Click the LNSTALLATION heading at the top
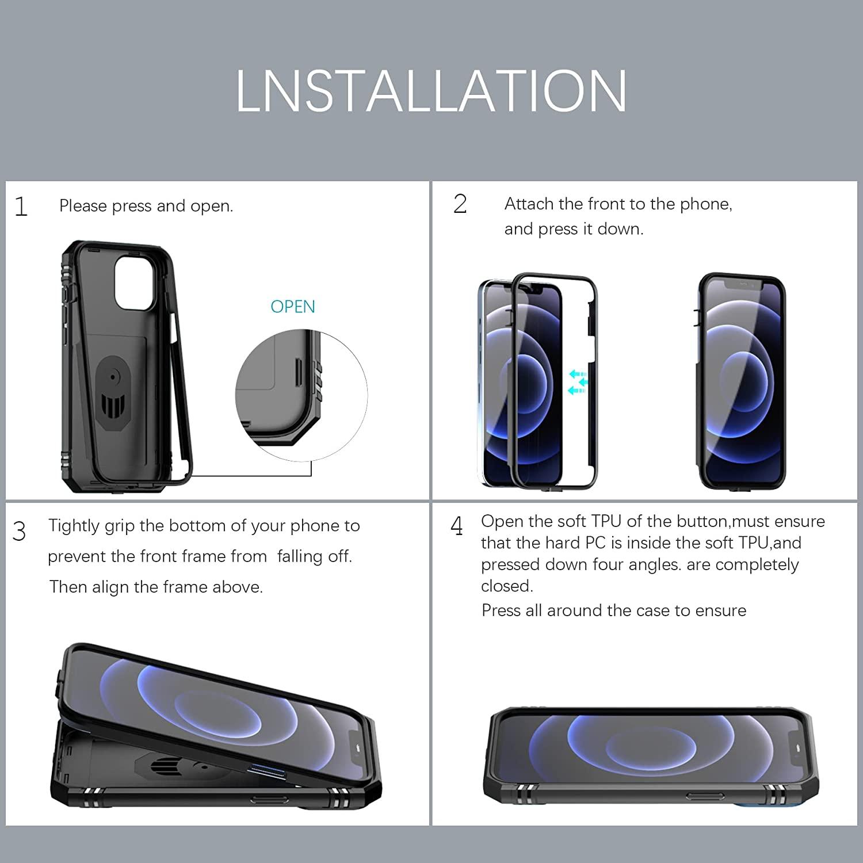[x=431, y=91]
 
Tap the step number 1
[x=21, y=207]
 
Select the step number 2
[x=460, y=204]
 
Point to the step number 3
[x=19, y=532]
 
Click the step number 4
[x=457, y=526]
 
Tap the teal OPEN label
[x=292, y=307]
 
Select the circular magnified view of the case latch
[x=301, y=395]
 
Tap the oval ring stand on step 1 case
[x=113, y=391]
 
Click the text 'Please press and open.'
[x=146, y=206]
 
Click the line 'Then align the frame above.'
[x=156, y=587]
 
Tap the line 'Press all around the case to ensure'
[x=613, y=610]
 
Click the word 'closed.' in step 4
[x=507, y=586]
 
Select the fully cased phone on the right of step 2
[x=741, y=381]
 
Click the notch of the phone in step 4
[x=797, y=749]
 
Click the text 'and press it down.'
[x=574, y=229]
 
